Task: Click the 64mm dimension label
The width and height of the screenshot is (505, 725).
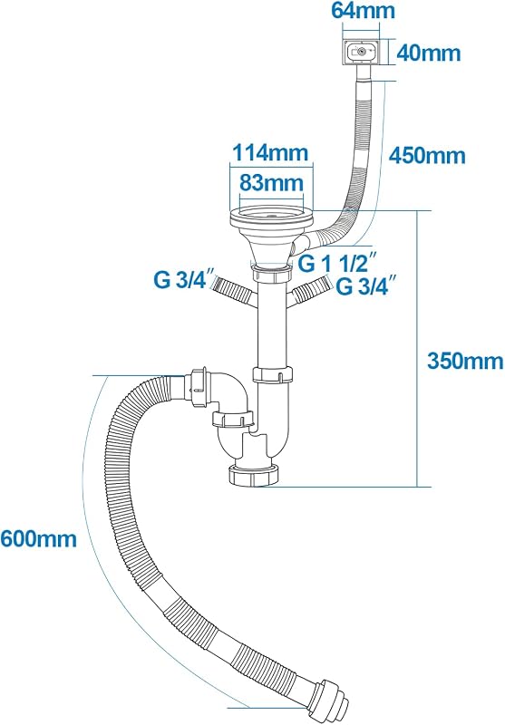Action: point(363,11)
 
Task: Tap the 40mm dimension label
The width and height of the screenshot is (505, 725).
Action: point(429,53)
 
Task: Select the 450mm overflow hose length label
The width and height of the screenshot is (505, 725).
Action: point(427,155)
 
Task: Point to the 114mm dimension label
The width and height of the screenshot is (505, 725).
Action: point(270,152)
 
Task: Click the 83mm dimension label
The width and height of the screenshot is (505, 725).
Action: point(271,183)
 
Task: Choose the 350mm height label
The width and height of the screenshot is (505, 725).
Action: point(465,360)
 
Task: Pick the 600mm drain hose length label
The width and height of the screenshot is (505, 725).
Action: point(38,538)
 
